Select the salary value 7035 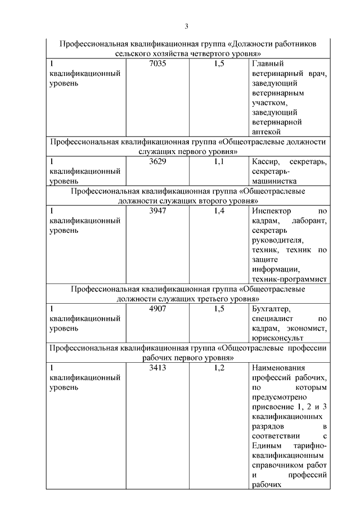pyautogui.click(x=158, y=64)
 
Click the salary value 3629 pyautogui.click(x=158, y=161)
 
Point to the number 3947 pyautogui.click(x=158, y=211)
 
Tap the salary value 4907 pyautogui.click(x=158, y=308)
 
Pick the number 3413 pyautogui.click(x=158, y=368)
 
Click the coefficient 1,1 pyautogui.click(x=219, y=161)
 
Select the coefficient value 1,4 pyautogui.click(x=219, y=211)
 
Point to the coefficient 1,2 pyautogui.click(x=219, y=368)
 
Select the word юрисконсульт pyautogui.click(x=278, y=338)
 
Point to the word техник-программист pyautogui.click(x=290, y=278)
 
